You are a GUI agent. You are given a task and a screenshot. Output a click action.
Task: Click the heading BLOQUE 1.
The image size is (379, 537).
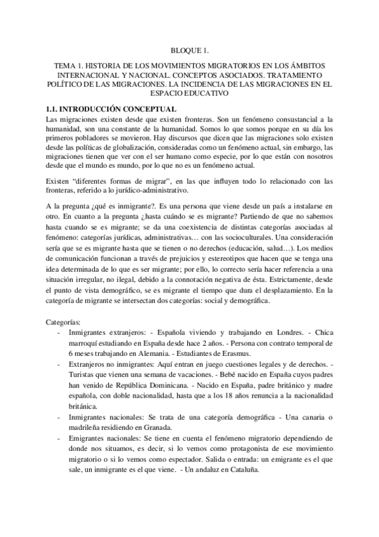(x=190, y=49)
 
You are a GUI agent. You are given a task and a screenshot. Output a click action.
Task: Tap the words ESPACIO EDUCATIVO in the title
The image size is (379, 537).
(x=190, y=92)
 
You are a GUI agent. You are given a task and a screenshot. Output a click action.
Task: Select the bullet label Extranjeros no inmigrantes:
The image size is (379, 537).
(x=114, y=365)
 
